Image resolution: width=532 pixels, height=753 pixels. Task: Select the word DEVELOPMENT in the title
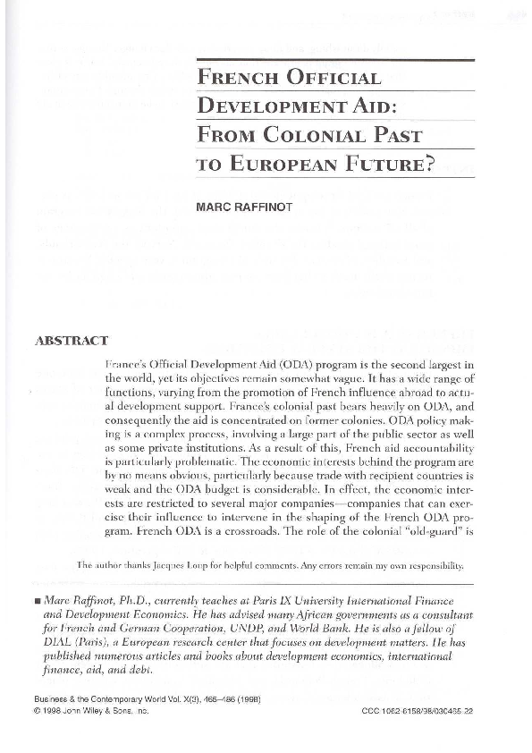[266, 106]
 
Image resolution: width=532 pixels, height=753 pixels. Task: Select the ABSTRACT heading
[71, 341]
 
